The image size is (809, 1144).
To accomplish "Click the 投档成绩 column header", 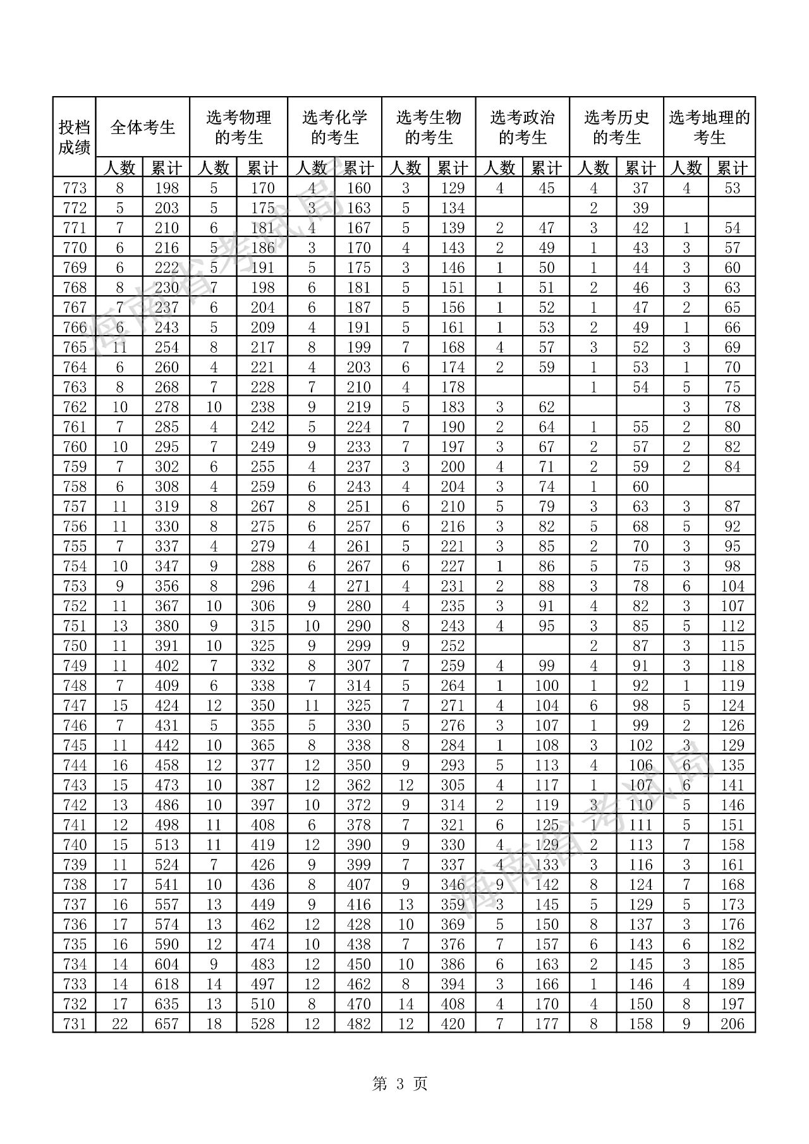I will tap(75, 137).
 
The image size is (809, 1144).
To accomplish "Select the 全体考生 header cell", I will tap(143, 127).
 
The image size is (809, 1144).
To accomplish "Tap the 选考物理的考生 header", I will tap(238, 127).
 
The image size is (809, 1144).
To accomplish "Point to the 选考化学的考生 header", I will tap(334, 127).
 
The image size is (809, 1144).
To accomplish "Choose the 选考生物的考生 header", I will tap(429, 127).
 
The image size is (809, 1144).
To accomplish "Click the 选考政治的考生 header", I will tap(522, 127).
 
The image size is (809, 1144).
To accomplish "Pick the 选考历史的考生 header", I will tap(616, 127).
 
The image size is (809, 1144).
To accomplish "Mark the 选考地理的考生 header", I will tap(709, 127).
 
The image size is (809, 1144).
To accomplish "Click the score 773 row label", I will tap(75, 188).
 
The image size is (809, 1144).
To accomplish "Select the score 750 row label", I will tap(75, 645).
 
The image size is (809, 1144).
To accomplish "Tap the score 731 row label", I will tap(75, 1023).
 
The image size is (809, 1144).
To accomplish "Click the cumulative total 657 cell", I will tap(167, 1023).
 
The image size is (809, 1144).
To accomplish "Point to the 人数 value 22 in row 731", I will tap(119, 1023).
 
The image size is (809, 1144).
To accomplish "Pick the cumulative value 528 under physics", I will tap(262, 1023).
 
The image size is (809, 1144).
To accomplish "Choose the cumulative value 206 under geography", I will tap(732, 1023).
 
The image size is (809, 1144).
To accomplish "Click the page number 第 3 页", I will tap(400, 1084).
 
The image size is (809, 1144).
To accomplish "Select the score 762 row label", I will tap(75, 406).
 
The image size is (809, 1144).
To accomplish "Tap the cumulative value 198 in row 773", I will tap(167, 188).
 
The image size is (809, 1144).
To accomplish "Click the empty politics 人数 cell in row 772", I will tap(499, 208).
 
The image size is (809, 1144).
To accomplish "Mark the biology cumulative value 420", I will tap(453, 1023).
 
